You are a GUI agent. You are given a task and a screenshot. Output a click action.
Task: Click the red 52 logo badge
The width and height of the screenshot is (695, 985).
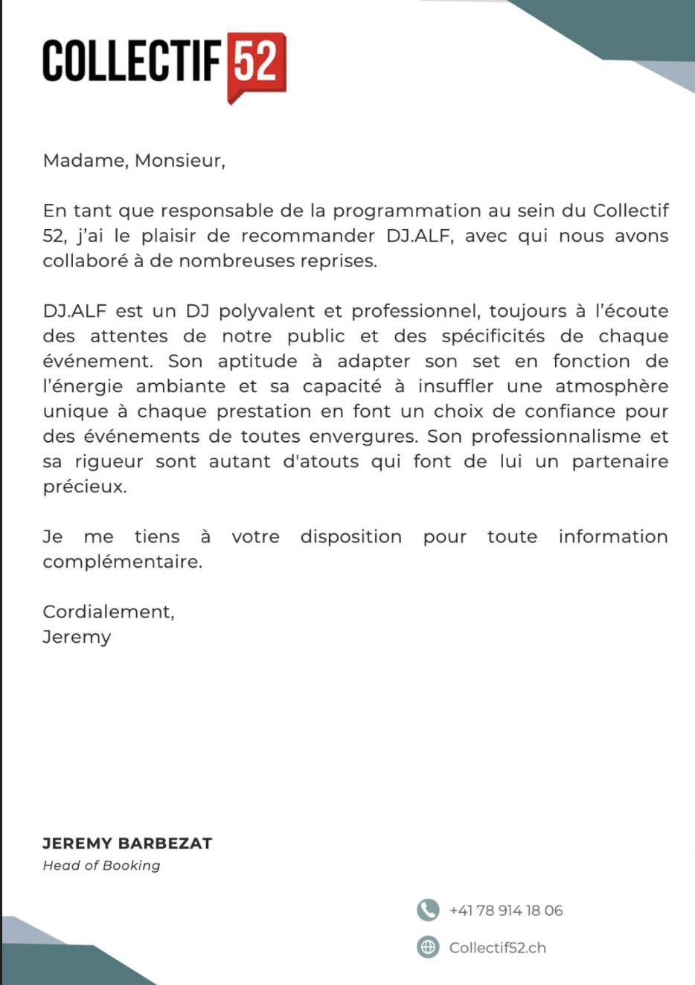click(x=256, y=64)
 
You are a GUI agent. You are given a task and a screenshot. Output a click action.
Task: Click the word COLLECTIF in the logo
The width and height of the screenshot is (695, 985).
click(x=132, y=61)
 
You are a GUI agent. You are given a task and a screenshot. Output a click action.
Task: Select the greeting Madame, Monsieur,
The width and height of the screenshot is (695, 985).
click(x=134, y=161)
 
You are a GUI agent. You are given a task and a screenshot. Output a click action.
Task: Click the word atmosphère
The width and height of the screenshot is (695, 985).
click(x=612, y=387)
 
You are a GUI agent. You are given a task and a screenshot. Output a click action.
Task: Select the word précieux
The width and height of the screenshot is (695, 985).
click(x=84, y=487)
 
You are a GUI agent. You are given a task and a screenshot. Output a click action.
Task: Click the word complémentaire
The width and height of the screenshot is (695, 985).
click(x=122, y=562)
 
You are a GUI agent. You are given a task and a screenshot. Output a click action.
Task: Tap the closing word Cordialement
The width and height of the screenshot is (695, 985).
click(x=108, y=612)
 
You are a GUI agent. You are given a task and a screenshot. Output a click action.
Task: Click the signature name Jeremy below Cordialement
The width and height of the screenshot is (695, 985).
click(x=77, y=638)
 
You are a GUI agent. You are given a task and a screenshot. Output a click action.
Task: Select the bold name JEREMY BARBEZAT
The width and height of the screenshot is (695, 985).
click(x=127, y=844)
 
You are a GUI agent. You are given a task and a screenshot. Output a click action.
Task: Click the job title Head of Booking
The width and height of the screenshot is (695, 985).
click(x=101, y=865)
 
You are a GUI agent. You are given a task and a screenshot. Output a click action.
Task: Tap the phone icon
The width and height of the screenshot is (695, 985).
click(x=428, y=910)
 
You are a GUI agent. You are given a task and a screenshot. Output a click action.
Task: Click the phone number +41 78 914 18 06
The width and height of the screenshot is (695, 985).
click(x=506, y=911)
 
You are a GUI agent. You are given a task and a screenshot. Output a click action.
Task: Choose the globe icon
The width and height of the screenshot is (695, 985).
click(x=428, y=947)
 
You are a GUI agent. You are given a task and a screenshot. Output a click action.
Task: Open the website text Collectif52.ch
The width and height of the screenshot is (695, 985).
click(x=497, y=948)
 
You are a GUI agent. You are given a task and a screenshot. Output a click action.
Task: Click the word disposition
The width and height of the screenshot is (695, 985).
click(x=351, y=537)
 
